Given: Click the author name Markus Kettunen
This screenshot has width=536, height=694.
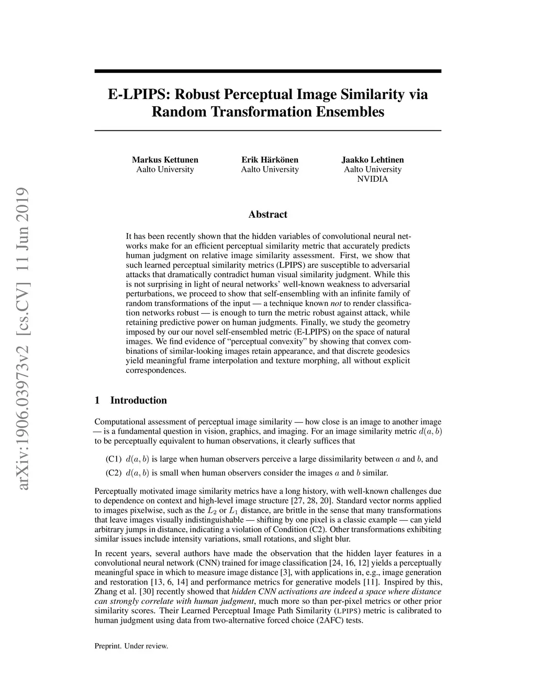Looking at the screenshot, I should point(165,160).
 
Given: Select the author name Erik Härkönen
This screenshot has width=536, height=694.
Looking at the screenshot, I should point(270,160).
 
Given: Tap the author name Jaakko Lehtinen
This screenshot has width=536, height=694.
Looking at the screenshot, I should point(373,160).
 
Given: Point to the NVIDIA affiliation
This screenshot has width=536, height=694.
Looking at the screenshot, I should point(373,179).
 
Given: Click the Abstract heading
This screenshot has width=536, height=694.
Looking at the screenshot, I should point(267,214).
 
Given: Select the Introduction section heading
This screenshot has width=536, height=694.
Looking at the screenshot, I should point(138,401).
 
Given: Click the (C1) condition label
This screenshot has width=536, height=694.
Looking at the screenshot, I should point(114,459).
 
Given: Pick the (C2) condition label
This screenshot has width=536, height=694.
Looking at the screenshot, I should point(114,473).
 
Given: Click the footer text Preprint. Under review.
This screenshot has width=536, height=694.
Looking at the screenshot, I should point(131,646).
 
